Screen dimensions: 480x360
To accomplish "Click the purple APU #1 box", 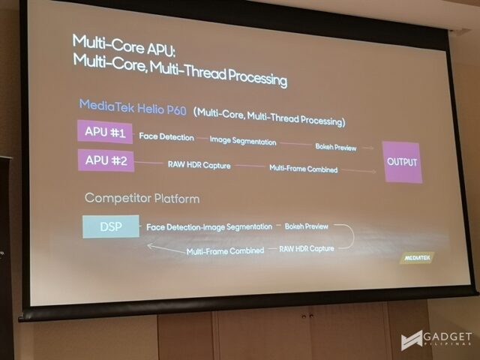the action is pos(105,132).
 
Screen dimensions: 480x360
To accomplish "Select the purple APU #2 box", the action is pos(106,160).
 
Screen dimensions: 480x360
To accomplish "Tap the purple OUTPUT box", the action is pos(402,162).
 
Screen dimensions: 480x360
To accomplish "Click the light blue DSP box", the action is pos(111,226).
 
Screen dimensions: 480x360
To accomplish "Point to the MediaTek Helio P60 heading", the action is pos(133,107).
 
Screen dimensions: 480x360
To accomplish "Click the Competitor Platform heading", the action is pos(142,198).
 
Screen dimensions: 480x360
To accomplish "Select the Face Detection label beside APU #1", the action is pos(166,136).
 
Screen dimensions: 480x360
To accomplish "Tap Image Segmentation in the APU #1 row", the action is pos(243,140).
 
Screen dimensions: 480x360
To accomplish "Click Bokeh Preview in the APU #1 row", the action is pos(336,147).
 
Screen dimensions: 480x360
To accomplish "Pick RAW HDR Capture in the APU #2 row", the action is pos(199,165).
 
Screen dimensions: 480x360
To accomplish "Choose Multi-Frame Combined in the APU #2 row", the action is pos(303,169).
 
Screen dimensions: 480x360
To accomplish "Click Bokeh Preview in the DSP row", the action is pos(307,226).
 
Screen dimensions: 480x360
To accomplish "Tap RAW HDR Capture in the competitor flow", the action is pos(307,248).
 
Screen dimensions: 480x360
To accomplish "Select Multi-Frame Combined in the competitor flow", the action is pos(225,251).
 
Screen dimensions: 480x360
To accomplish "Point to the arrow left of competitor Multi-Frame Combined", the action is pos(166,248).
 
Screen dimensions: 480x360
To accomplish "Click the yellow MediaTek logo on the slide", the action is pos(417,258).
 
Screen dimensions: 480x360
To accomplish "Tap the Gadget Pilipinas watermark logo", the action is pos(436,340).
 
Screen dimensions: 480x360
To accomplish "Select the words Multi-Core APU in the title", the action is pos(123,46).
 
